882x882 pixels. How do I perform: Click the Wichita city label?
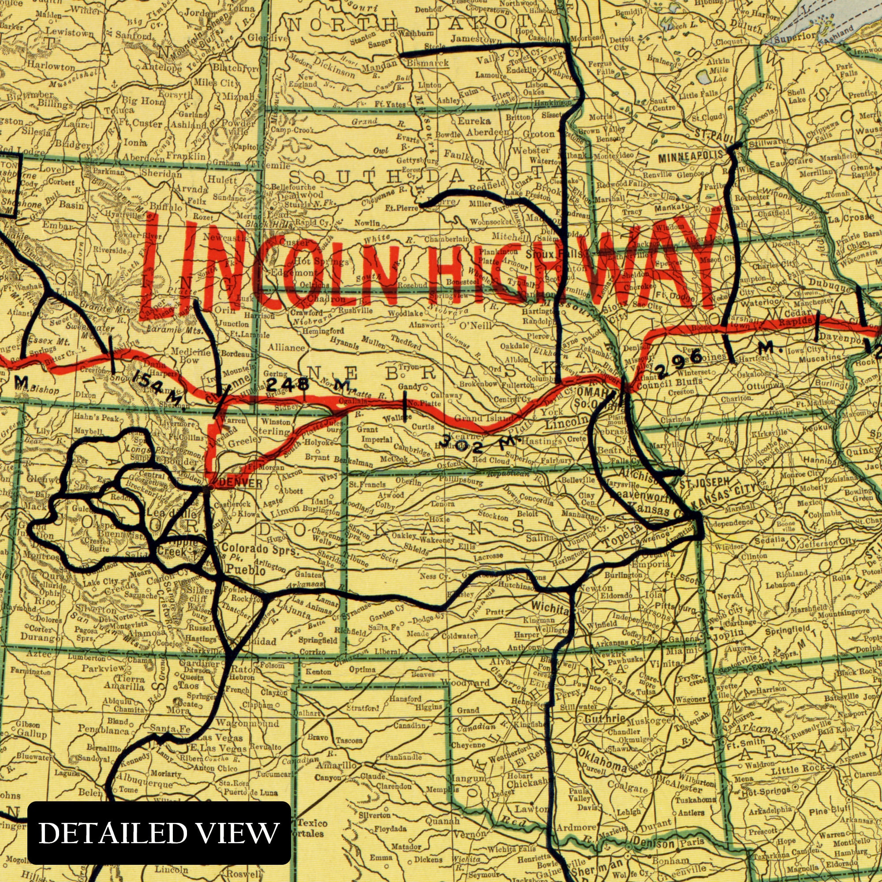point(550,610)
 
